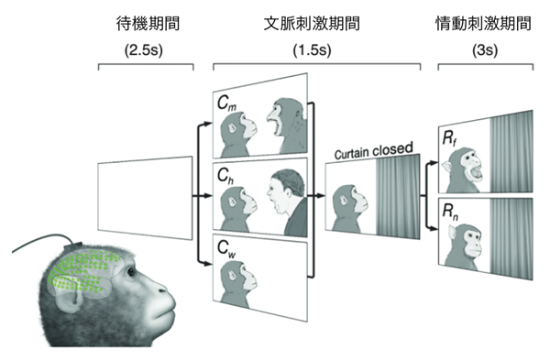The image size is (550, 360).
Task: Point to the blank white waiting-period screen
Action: click(x=146, y=196)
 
